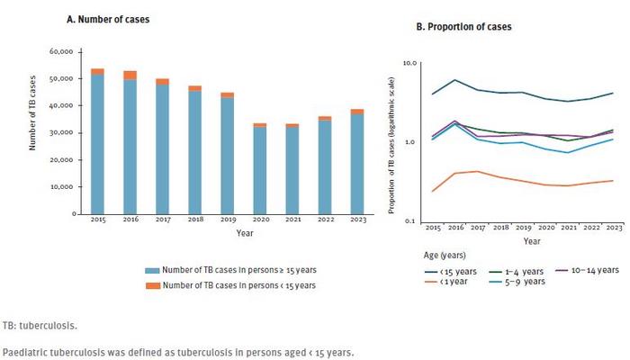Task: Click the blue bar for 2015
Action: tap(97, 144)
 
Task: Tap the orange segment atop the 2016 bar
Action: tap(130, 75)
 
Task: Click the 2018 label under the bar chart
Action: tap(195, 221)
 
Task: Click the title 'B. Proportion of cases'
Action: tap(463, 27)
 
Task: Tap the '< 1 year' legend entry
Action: tap(449, 282)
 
